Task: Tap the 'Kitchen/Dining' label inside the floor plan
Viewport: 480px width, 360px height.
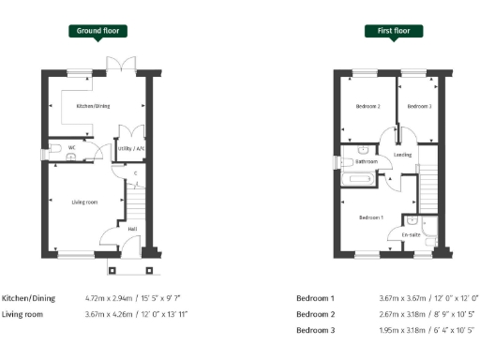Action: coord(94,106)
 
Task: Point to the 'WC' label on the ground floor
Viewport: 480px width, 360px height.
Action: coord(57,148)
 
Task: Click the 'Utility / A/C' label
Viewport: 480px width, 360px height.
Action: coord(127,148)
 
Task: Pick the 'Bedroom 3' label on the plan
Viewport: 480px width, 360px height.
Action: coord(418,107)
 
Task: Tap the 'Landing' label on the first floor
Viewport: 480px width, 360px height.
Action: coord(403,154)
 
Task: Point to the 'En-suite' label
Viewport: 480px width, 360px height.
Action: coord(410,233)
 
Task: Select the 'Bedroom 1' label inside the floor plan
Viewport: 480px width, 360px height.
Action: coord(371,217)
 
